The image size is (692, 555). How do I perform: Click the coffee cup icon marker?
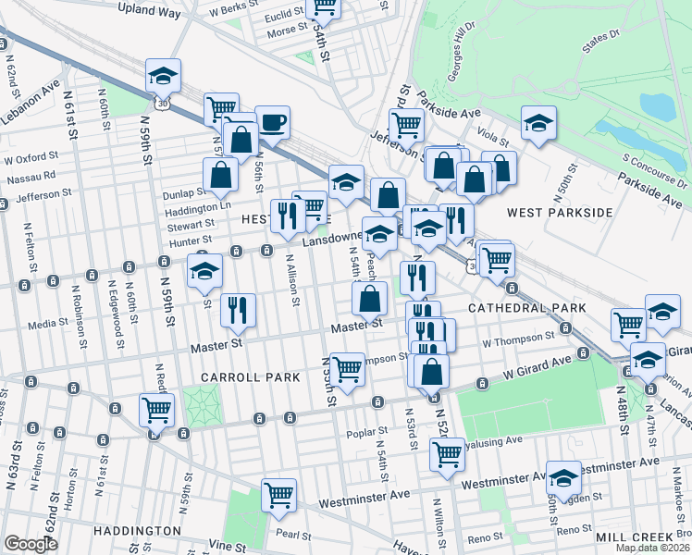click(x=271, y=122)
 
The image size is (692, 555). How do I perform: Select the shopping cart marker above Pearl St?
click(x=278, y=496)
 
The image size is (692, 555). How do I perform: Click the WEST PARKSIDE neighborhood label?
click(x=560, y=213)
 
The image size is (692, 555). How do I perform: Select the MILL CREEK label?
click(x=638, y=537)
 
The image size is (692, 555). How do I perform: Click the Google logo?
click(x=31, y=544)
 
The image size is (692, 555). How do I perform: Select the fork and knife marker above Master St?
click(x=239, y=312)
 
